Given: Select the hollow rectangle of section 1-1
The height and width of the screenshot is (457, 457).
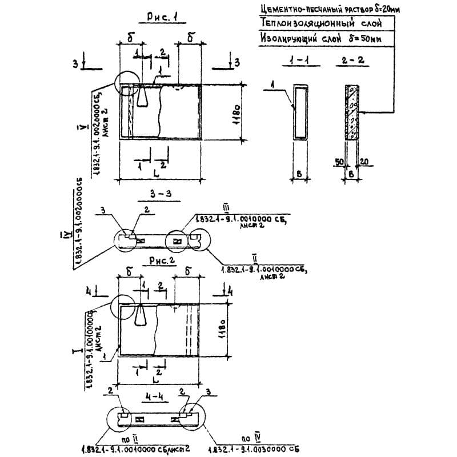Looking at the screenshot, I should [x=300, y=112].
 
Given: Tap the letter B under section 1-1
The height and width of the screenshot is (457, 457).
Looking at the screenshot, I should [x=299, y=173].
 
